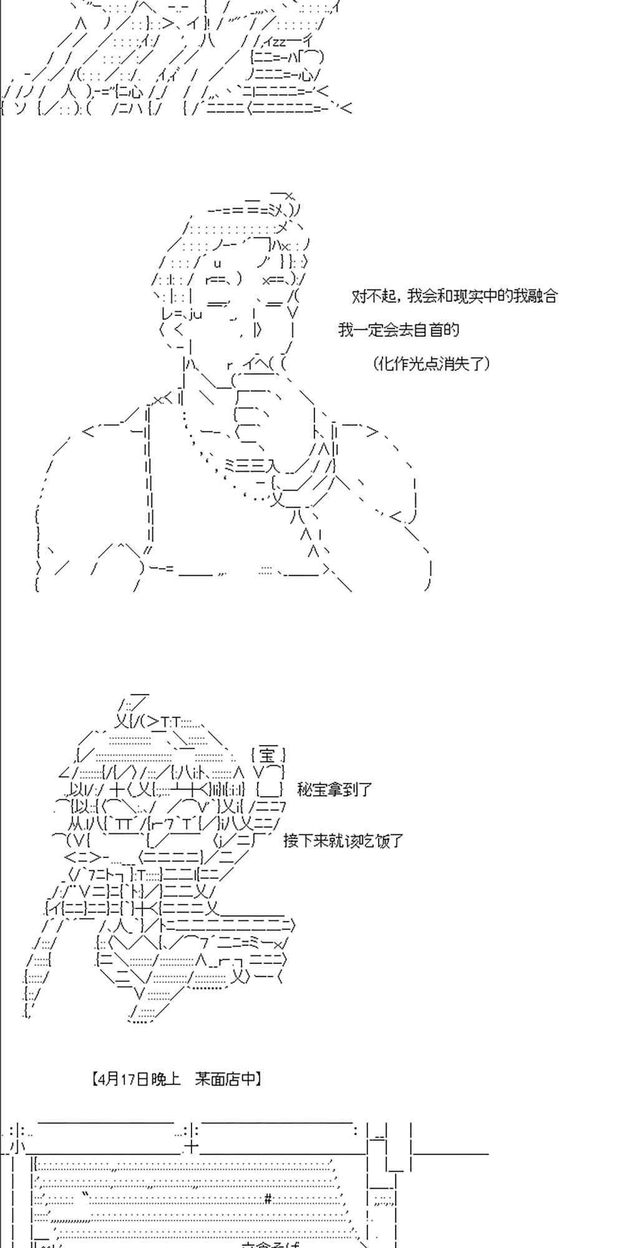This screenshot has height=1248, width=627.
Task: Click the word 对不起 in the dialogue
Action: pos(373,296)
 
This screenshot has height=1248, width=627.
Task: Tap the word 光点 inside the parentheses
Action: pos(424,364)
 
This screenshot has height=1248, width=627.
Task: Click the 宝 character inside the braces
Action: pos(267,756)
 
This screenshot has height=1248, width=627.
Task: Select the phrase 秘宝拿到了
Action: pos(334,789)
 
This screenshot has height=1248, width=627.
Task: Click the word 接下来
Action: pos(305,841)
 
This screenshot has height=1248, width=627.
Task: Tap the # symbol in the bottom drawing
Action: pos(268,1197)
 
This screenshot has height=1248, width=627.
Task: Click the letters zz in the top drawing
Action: pos(276,41)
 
